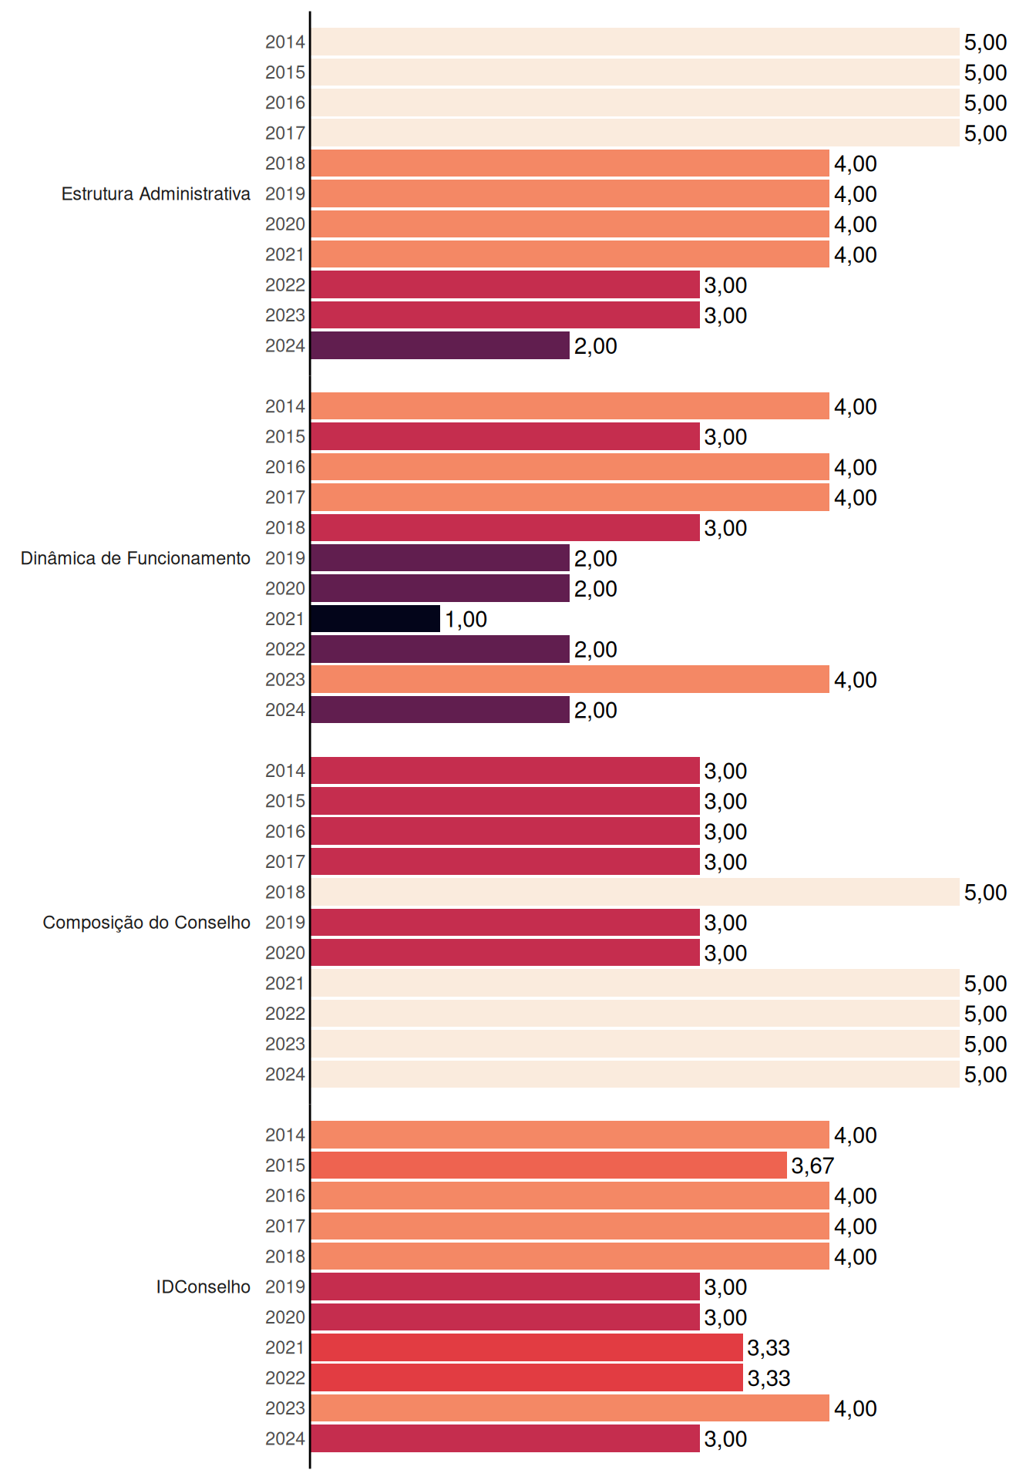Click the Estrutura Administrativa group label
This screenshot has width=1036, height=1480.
coord(156,193)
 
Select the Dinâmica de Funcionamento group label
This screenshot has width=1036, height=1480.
coord(136,558)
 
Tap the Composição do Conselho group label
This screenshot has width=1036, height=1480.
coord(146,923)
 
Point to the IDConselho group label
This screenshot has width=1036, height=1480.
coord(203,1287)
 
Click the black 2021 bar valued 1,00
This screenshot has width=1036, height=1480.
coord(375,619)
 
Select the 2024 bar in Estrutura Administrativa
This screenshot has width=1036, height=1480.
coord(440,345)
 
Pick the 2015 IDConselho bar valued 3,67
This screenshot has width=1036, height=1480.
coord(549,1165)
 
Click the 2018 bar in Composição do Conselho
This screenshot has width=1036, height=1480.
coord(635,892)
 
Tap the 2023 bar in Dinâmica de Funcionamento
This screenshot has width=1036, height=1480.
coord(570,679)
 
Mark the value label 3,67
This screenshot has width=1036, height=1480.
coord(812,1165)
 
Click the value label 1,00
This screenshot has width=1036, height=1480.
coord(466,619)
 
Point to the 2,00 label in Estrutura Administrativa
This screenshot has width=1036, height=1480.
coord(595,346)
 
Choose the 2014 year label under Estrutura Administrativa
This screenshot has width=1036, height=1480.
coord(285,42)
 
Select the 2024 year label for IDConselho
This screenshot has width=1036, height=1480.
coord(285,1438)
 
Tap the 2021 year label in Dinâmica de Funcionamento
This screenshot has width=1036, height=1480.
coord(285,619)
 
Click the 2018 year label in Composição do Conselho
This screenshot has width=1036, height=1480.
coord(285,892)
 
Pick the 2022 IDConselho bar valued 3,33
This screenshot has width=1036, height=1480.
coord(527,1377)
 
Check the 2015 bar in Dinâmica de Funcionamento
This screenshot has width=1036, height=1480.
coord(506,436)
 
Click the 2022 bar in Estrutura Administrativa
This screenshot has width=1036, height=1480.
coord(506,284)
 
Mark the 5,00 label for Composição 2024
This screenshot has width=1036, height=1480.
coord(985,1075)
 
